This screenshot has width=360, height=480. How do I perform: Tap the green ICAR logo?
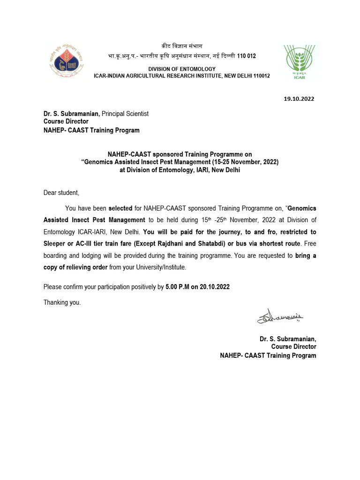click(x=299, y=62)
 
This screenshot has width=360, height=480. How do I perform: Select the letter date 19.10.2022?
click(x=300, y=99)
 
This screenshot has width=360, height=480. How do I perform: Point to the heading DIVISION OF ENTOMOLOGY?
click(x=182, y=69)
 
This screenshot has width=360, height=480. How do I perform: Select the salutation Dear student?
click(x=61, y=193)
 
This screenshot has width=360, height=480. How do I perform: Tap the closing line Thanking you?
click(x=62, y=302)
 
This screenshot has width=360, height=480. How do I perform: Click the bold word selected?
click(x=120, y=208)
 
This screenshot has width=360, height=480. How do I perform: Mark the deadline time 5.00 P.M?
click(x=177, y=287)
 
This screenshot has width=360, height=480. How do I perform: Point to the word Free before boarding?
click(x=309, y=244)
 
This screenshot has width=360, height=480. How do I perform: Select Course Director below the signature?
click(x=294, y=347)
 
